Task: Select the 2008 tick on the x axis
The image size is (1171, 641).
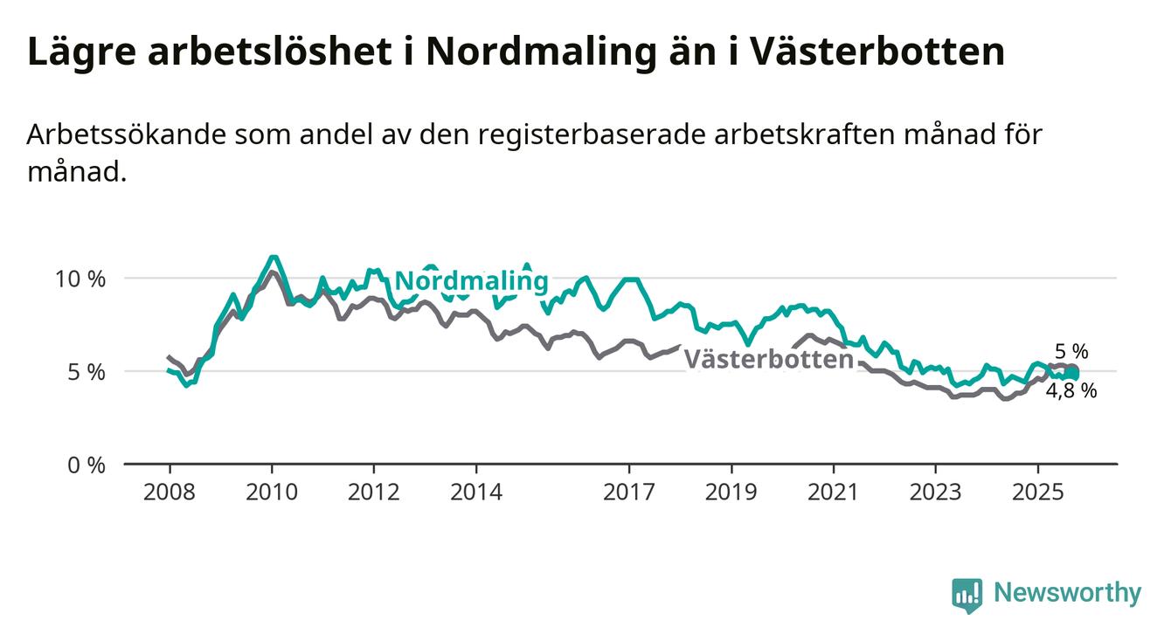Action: [169, 493]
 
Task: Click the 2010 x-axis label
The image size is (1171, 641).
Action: [271, 493]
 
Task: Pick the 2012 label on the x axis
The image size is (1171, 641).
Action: [373, 493]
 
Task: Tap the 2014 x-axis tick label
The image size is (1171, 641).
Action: [475, 493]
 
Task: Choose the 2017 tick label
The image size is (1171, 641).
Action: [628, 493]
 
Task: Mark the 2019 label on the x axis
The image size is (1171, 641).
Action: [731, 493]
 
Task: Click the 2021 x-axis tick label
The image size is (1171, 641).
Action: [833, 493]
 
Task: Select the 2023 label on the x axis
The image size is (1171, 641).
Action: [935, 493]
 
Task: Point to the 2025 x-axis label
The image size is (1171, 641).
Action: [1037, 493]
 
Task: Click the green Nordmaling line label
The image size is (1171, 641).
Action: [471, 281]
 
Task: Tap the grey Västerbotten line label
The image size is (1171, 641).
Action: [767, 360]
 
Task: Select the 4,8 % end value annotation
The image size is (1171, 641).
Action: [1071, 391]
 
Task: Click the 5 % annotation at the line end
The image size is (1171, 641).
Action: [1071, 352]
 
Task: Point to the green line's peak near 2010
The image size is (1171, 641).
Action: [274, 257]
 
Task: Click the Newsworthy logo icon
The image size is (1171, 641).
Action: [967, 596]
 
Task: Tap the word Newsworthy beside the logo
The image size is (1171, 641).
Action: [1067, 594]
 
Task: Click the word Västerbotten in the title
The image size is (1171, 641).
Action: [877, 52]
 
